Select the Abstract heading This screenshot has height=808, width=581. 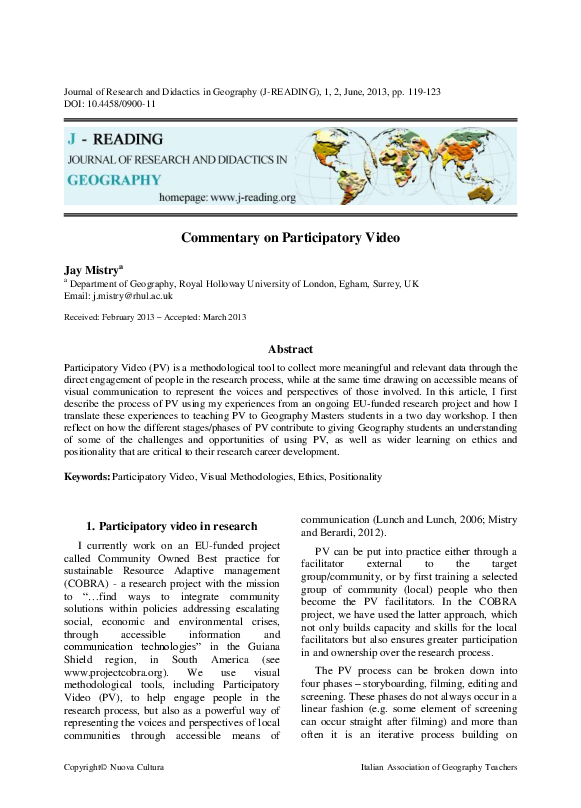pyautogui.click(x=290, y=349)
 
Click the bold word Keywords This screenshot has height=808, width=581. pyautogui.click(x=86, y=478)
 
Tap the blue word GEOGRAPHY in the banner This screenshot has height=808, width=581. pyautogui.click(x=113, y=181)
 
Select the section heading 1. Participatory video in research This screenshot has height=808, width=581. pyautogui.click(x=171, y=526)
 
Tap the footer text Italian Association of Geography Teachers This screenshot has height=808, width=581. pyautogui.click(x=438, y=795)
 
